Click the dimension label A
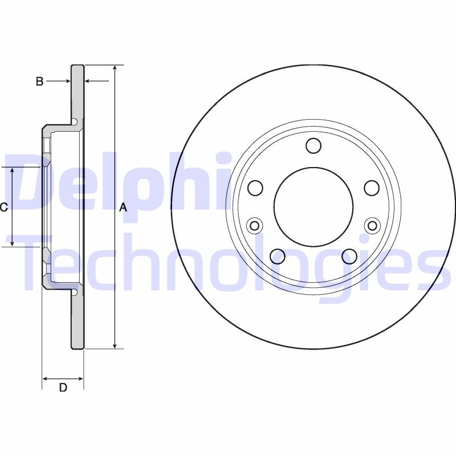(x=122, y=209)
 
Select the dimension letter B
(x=39, y=82)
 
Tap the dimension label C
(x=3, y=207)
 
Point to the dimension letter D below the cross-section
(x=63, y=388)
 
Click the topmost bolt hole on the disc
(x=313, y=146)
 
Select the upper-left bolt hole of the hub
(x=255, y=188)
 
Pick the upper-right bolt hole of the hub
(x=372, y=188)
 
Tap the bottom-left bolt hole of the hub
(x=278, y=256)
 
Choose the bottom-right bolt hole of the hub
(x=349, y=256)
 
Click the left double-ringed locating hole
(x=255, y=226)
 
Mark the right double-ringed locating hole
(x=372, y=226)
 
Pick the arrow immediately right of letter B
(x=66, y=82)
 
